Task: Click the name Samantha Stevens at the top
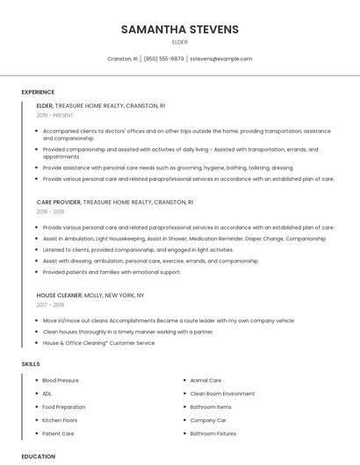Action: pyautogui.click(x=179, y=29)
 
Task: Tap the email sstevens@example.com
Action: pyautogui.click(x=220, y=59)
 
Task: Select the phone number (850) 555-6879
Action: pyautogui.click(x=163, y=59)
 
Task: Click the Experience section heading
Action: pyautogui.click(x=38, y=92)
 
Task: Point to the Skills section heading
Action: pyautogui.click(x=31, y=363)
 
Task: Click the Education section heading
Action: pyautogui.click(x=39, y=456)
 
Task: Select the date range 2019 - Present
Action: pyautogui.click(x=55, y=115)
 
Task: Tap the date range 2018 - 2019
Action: pyautogui.click(x=50, y=211)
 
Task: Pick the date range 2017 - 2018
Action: pyautogui.click(x=50, y=304)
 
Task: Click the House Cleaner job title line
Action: pyautogui.click(x=90, y=296)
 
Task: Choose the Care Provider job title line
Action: pyautogui.click(x=114, y=202)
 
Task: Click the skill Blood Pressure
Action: pyautogui.click(x=61, y=381)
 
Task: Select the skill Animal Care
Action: pyautogui.click(x=205, y=381)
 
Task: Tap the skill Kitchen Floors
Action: pyautogui.click(x=60, y=420)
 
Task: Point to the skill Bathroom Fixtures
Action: pyautogui.click(x=213, y=433)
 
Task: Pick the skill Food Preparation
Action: pyautogui.click(x=64, y=407)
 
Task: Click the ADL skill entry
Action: pyautogui.click(x=47, y=394)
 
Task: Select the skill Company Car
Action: pyautogui.click(x=208, y=420)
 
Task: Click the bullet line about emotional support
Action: pyautogui.click(x=112, y=272)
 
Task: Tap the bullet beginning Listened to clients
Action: pyautogui.click(x=138, y=249)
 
